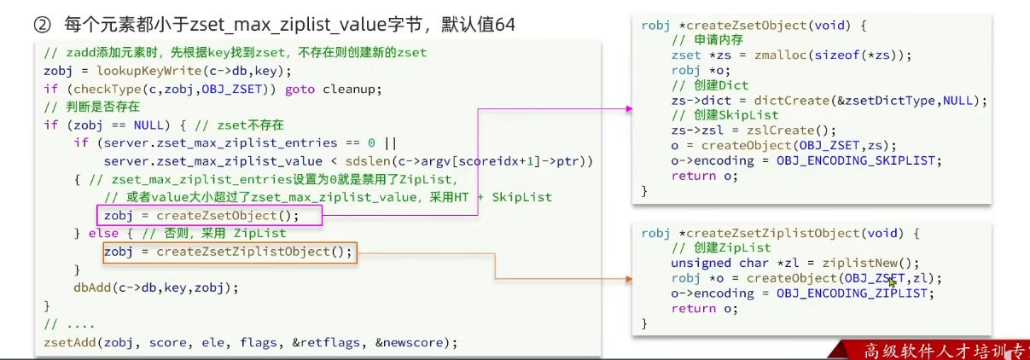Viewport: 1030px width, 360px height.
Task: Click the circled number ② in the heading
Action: tap(42, 25)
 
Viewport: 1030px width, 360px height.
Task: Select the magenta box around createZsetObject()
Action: tap(208, 215)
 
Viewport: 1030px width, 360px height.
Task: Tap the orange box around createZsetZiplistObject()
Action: tap(228, 252)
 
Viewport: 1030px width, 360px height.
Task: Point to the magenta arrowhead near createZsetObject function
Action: tap(629, 109)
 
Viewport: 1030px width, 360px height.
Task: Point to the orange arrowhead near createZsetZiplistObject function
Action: tap(629, 279)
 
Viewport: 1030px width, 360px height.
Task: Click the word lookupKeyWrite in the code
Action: tap(129, 70)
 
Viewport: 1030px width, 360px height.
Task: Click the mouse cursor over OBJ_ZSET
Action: tap(892, 282)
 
